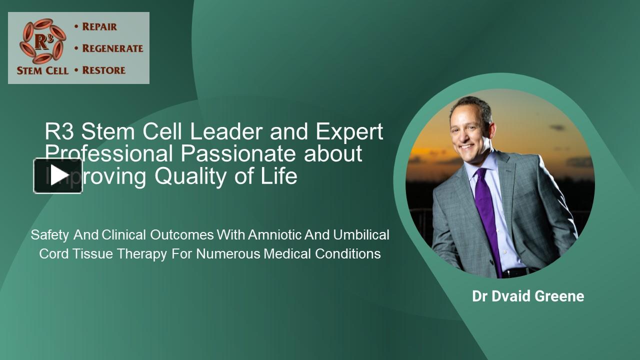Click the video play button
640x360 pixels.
(x=58, y=175)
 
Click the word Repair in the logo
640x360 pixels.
(x=99, y=27)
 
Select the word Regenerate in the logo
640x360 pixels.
(x=112, y=48)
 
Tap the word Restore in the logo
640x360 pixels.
(x=103, y=70)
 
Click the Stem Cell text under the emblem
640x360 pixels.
(x=42, y=70)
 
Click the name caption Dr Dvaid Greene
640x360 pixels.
(x=528, y=296)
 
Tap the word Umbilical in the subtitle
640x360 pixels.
(x=361, y=234)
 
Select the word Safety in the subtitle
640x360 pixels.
(x=49, y=234)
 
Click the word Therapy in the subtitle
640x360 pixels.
(x=142, y=254)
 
